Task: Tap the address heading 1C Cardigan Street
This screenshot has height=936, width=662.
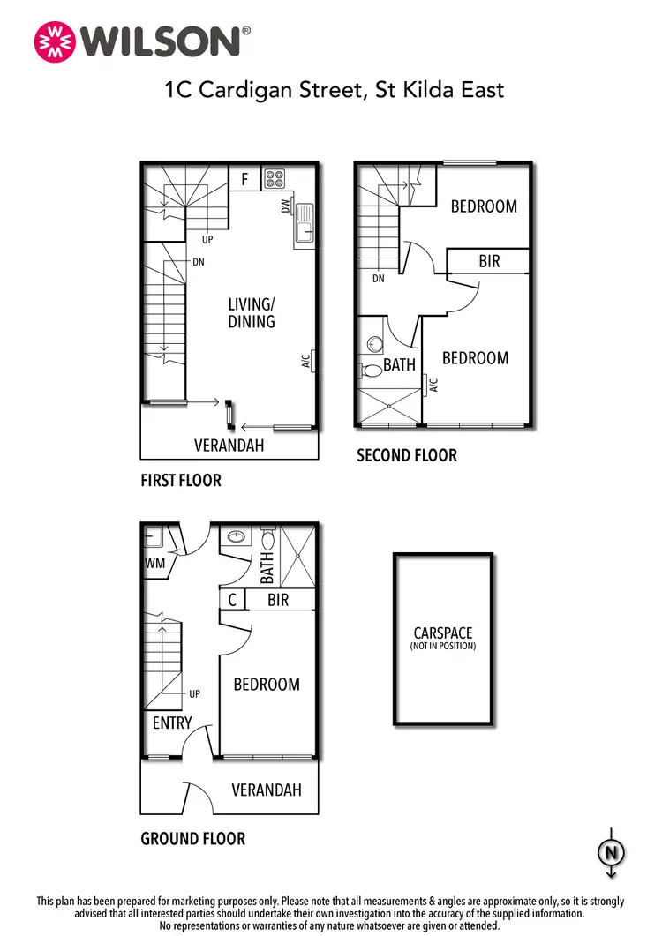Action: (334, 89)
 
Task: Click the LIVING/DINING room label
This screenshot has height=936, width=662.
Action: (252, 313)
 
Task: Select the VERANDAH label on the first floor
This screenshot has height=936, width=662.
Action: (229, 446)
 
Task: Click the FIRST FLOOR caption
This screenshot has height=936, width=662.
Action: (181, 481)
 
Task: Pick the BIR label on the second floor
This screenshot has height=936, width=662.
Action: (490, 262)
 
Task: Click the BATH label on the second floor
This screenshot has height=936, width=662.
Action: (399, 363)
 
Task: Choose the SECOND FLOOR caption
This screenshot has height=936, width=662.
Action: (407, 455)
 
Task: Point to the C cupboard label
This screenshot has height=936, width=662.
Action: (232, 600)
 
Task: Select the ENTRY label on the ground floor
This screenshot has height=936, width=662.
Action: (172, 723)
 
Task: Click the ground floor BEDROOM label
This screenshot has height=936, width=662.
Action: (266, 684)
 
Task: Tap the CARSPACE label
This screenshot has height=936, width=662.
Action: (443, 633)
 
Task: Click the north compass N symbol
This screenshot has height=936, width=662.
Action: (611, 852)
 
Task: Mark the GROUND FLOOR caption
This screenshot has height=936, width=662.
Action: (192, 839)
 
